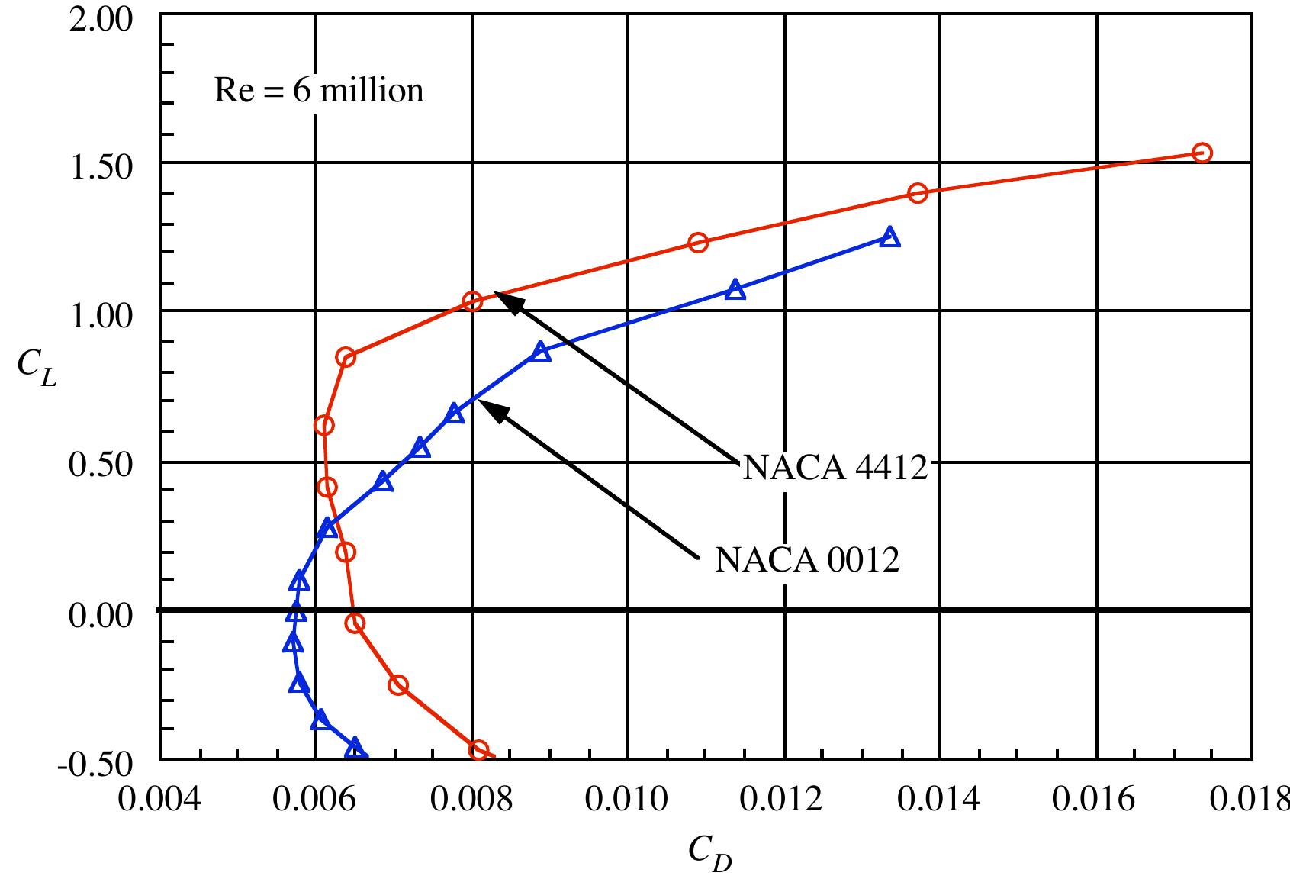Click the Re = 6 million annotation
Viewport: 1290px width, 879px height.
tap(318, 91)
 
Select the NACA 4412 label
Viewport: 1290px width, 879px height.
tap(835, 467)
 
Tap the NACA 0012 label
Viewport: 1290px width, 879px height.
tap(807, 559)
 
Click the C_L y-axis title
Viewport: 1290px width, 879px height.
tap(36, 369)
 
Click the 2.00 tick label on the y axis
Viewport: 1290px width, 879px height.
tap(101, 19)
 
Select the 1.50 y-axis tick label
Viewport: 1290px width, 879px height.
tap(101, 166)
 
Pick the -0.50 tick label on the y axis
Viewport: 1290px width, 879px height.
tap(95, 762)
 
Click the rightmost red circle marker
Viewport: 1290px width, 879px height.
tap(1202, 153)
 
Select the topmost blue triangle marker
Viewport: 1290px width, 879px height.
tap(889, 237)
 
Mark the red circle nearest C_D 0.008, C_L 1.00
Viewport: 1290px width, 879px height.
tap(472, 301)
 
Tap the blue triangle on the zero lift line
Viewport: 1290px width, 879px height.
tap(296, 612)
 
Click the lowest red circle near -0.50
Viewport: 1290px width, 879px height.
tap(478, 749)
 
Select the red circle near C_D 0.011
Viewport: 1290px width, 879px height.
tap(697, 243)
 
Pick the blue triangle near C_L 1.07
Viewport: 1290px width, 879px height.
tap(735, 289)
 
